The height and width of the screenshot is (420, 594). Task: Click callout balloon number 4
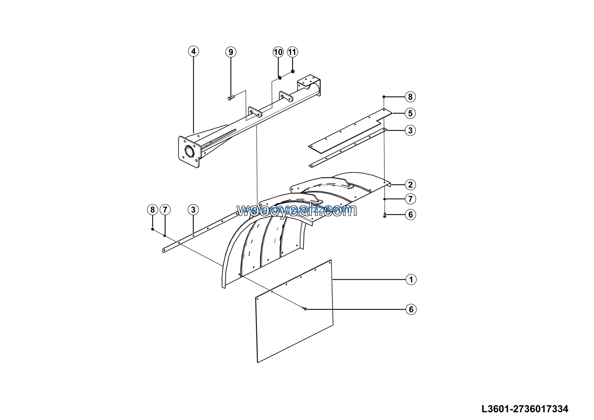pyautogui.click(x=194, y=51)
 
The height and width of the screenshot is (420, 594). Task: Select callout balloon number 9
pyautogui.click(x=231, y=52)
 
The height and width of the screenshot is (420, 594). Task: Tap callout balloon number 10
pyautogui.click(x=278, y=52)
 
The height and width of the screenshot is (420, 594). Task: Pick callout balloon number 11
pyautogui.click(x=292, y=52)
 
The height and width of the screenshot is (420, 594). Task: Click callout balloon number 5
pyautogui.click(x=410, y=113)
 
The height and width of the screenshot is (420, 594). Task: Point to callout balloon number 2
pyautogui.click(x=410, y=185)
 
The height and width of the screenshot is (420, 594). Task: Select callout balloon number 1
pyautogui.click(x=411, y=279)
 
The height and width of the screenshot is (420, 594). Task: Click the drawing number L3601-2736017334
pyautogui.click(x=525, y=409)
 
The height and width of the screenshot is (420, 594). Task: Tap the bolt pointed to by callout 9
pyautogui.click(x=231, y=98)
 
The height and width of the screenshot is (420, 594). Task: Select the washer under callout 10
pyautogui.click(x=280, y=77)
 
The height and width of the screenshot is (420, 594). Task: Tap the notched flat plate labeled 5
pyautogui.click(x=349, y=131)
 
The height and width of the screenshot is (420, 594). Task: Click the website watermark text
pyautogui.click(x=297, y=210)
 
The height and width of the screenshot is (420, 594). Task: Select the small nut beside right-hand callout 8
pyautogui.click(x=384, y=97)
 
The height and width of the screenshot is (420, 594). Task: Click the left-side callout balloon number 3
pyautogui.click(x=193, y=210)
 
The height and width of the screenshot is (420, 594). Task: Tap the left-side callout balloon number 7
pyautogui.click(x=165, y=210)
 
